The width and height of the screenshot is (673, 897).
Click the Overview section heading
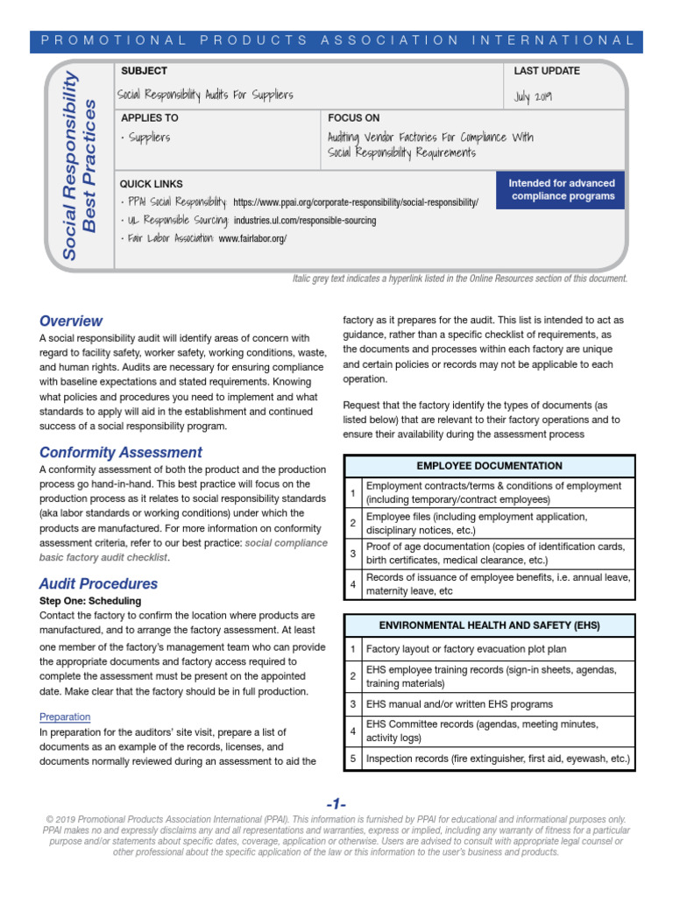click(x=71, y=321)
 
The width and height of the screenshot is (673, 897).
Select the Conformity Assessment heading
click(x=120, y=452)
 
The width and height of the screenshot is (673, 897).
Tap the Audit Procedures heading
click(x=98, y=583)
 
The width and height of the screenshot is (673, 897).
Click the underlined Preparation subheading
click(x=65, y=717)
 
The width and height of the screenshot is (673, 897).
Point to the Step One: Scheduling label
click(x=90, y=602)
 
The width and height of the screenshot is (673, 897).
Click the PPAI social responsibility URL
click(x=356, y=202)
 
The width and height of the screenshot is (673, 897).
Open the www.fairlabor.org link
click(x=252, y=238)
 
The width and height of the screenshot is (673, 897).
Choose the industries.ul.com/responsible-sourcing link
click(x=305, y=221)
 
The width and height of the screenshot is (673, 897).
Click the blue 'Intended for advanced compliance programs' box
click(x=562, y=190)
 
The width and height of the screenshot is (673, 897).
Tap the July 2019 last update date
click(x=533, y=95)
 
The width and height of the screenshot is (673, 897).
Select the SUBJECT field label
click(x=144, y=71)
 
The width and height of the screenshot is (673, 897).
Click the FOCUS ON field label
click(x=353, y=117)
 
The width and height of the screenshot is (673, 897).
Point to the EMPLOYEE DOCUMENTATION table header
click(x=489, y=466)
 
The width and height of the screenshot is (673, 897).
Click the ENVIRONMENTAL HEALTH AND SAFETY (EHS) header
click(x=489, y=625)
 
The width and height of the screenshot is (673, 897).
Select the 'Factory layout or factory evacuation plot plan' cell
click(x=466, y=649)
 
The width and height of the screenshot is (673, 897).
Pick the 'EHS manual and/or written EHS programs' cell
click(x=459, y=704)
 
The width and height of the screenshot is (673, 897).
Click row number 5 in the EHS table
click(x=351, y=759)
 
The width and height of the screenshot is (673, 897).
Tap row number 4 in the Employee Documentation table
click(x=351, y=584)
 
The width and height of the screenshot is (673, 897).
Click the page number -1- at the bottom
click(x=336, y=804)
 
